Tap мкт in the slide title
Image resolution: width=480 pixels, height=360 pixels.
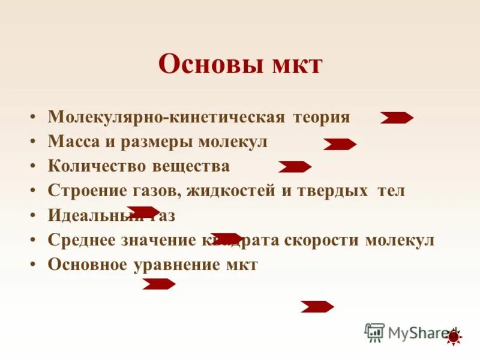coord(295,64)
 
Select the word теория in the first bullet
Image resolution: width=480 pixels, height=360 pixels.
coord(321,116)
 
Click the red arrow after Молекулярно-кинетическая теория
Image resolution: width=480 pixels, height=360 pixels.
coord(397,118)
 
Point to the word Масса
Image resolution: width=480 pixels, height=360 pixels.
coord(70,142)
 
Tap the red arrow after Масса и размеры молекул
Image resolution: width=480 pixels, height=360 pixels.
coord(340,144)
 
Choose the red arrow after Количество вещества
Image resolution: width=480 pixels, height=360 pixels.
coord(295,167)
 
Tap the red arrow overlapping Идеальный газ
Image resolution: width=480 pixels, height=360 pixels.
coord(143,212)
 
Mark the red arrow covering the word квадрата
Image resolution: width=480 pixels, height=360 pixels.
coord(227,238)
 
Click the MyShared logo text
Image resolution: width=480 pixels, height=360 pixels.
coord(414,332)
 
